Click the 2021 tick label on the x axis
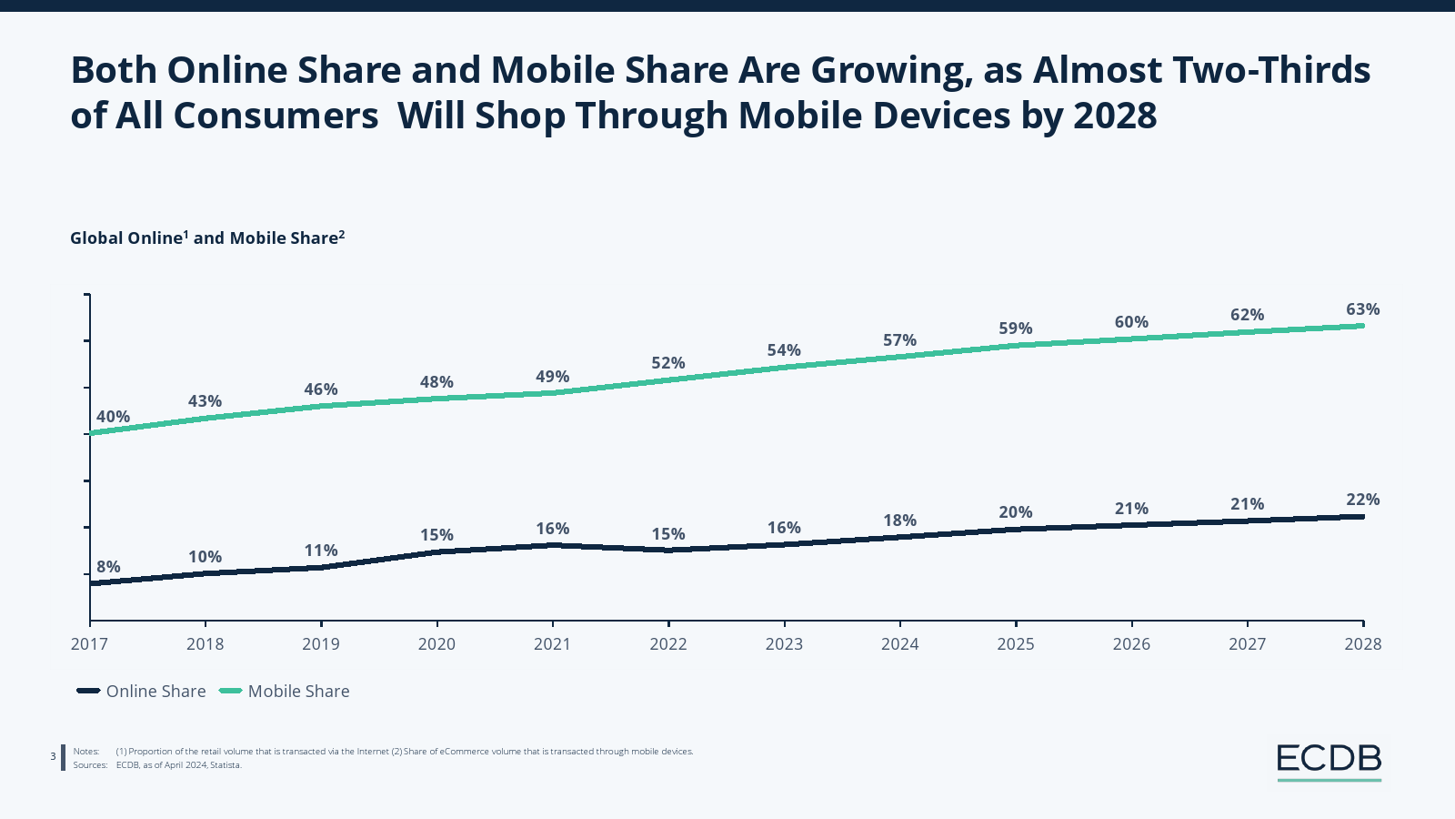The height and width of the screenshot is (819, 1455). point(552,644)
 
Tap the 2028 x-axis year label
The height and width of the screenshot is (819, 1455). point(1362,644)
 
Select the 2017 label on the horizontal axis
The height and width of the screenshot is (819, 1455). point(89,644)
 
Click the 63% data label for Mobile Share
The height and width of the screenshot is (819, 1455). point(1362,309)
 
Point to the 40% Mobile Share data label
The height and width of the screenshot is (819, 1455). point(114,417)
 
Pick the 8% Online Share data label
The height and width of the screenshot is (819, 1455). point(108,567)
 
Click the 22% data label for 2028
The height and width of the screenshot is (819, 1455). point(1362,500)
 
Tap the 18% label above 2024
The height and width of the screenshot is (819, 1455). point(899,521)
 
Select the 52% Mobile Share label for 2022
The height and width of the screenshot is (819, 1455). point(667,363)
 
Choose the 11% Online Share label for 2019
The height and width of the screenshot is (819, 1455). point(320,551)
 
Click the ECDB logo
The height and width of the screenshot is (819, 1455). point(1329,759)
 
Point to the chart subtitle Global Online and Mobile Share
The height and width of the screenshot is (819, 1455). point(207,238)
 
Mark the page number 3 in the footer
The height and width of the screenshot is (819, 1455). point(53,756)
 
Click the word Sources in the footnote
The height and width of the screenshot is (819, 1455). point(89,765)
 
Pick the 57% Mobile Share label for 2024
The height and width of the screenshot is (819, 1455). point(899,340)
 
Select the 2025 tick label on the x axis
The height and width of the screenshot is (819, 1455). point(1015,644)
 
